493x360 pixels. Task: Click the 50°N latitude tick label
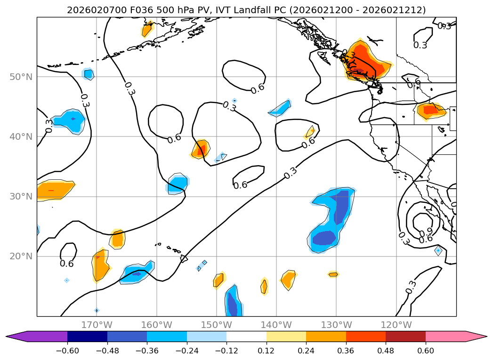pos(22,77)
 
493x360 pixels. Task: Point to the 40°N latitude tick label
pos(22,136)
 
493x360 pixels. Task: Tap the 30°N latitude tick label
pos(22,196)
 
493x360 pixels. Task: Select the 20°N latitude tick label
pos(22,256)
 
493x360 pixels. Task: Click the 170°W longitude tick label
pos(97,325)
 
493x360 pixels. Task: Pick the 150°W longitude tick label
pos(216,325)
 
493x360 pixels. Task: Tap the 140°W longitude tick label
pos(276,325)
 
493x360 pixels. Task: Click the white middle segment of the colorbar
pos(246,336)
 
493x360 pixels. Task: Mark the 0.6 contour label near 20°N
pos(67,264)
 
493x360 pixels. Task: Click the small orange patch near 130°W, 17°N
pos(333,274)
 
